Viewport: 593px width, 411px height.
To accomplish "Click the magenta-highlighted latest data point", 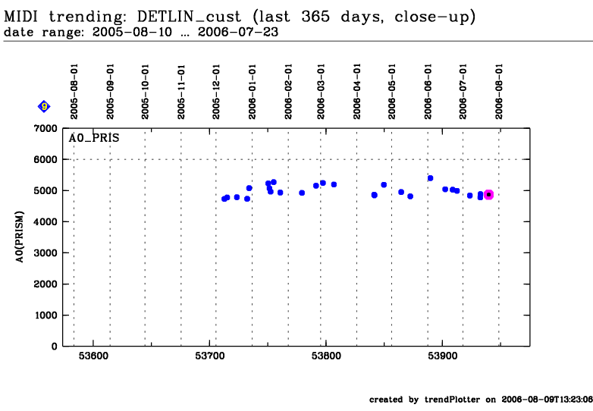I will pos(488,195).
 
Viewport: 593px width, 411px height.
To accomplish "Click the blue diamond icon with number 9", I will pos(44,106).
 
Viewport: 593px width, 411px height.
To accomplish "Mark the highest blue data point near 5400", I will pos(430,178).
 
